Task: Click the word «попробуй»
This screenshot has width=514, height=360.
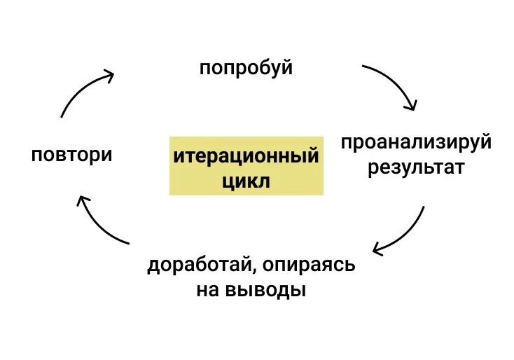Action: coord(245,69)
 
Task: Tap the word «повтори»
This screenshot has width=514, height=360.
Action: coord(71,154)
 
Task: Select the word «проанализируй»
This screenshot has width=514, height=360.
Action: coord(417,144)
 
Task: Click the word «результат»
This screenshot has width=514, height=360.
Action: coord(417,168)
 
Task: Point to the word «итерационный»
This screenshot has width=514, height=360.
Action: coord(246,155)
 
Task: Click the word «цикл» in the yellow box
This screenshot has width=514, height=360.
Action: coord(246,181)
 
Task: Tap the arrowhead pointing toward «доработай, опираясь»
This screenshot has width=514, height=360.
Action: coord(378,249)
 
